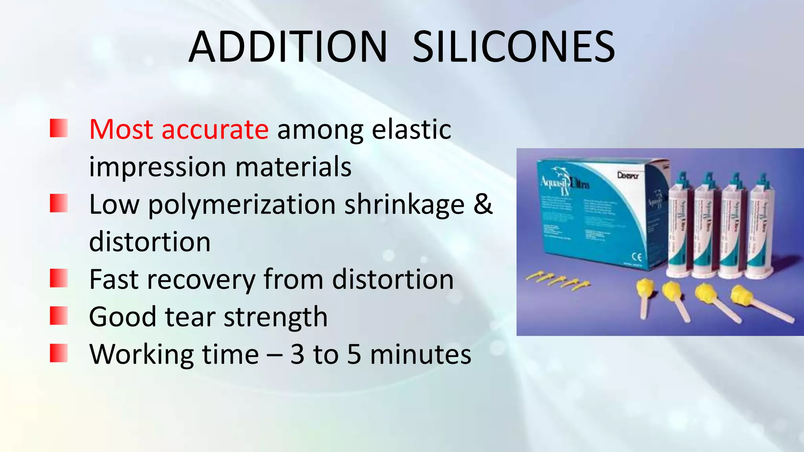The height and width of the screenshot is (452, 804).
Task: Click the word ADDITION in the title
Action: [288, 47]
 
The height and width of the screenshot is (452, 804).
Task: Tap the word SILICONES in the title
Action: [513, 47]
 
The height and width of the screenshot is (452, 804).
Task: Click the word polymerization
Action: [241, 204]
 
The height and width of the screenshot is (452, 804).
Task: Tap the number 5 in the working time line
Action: [354, 354]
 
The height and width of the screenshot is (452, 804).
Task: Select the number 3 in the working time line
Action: [297, 354]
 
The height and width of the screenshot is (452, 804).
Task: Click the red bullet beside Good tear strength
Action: [59, 316]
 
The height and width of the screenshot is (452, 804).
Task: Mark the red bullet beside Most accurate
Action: [59, 128]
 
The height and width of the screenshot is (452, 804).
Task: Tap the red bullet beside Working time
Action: [59, 353]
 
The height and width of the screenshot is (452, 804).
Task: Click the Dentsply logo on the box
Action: [628, 175]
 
